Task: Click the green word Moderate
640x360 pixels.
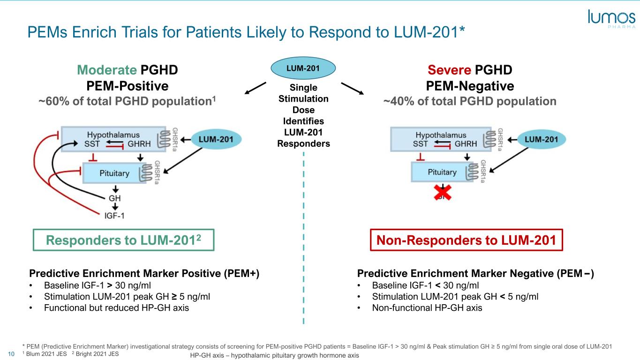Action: coord(106,70)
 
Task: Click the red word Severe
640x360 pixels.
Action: coord(449,70)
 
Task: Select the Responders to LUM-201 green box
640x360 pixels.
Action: coord(124,240)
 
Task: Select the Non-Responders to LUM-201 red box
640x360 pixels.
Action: coord(466,240)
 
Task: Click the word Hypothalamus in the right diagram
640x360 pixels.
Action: coord(441,135)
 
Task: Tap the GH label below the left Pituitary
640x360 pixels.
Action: coord(115,198)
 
